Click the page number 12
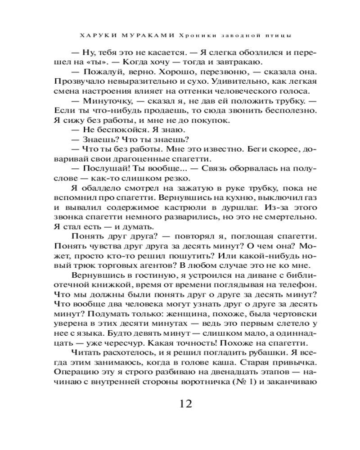180,403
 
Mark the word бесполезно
283,110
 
